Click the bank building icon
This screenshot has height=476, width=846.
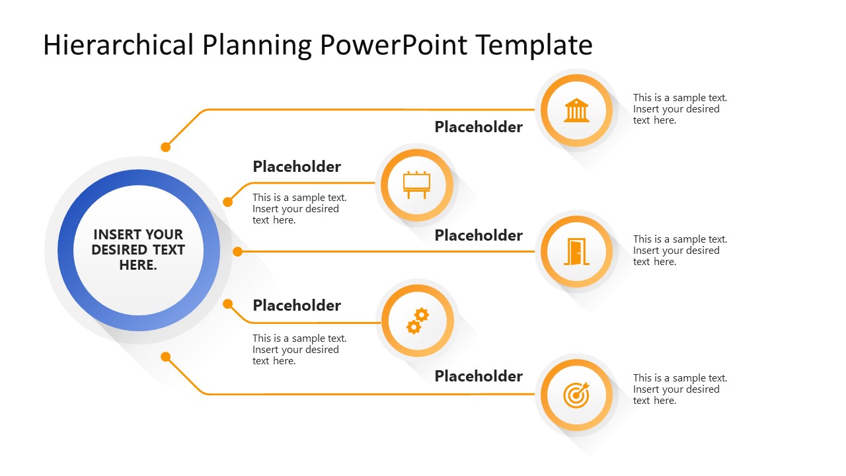(576, 110)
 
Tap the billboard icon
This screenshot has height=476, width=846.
(417, 184)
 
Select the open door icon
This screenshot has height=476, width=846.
(576, 252)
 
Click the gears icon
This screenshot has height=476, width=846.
(417, 321)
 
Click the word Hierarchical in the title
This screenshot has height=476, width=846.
(118, 45)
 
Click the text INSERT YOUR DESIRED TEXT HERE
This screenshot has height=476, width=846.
(138, 250)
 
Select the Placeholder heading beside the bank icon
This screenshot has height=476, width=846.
(479, 127)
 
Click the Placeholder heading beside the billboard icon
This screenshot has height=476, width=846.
(297, 167)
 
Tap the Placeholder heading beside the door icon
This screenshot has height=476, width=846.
(479, 235)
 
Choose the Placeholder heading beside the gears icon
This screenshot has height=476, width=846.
(297, 305)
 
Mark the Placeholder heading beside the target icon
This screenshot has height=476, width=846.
(479, 376)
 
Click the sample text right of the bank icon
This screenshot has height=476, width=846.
(679, 109)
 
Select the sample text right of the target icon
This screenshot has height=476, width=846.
(679, 389)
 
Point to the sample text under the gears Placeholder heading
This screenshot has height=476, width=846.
(299, 350)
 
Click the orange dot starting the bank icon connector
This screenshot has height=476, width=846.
(166, 147)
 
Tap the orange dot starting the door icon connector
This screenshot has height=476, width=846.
(238, 251)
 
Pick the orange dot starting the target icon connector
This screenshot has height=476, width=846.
(166, 357)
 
